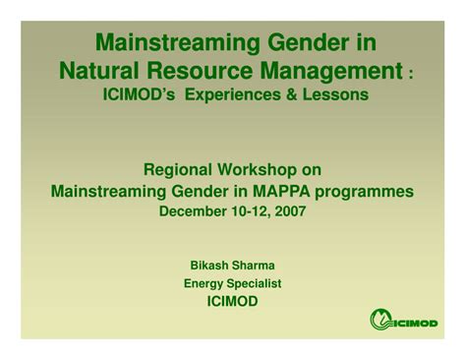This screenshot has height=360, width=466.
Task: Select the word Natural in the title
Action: (x=101, y=70)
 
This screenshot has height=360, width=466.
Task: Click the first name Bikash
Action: (x=208, y=264)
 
